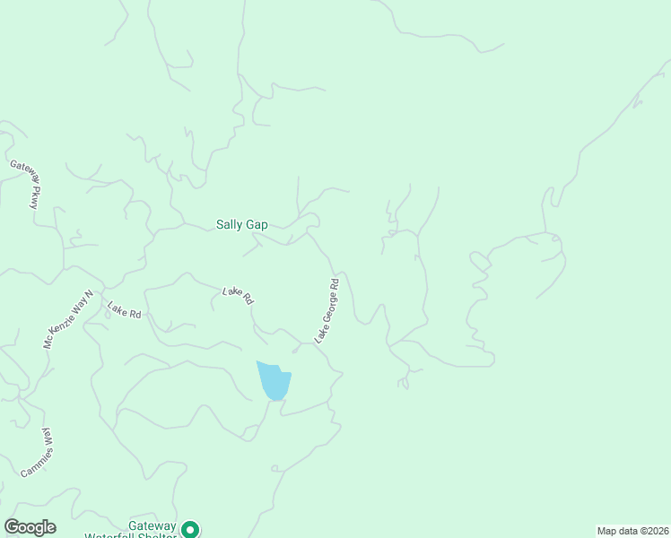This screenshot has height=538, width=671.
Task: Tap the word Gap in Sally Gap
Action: (x=256, y=225)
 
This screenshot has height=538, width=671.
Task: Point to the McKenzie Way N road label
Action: (x=68, y=319)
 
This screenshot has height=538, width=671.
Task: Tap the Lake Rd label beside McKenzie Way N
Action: (x=125, y=311)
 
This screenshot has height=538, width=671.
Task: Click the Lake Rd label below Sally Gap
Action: (x=238, y=296)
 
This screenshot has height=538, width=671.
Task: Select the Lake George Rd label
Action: (x=327, y=310)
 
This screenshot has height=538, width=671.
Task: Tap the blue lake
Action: (x=274, y=380)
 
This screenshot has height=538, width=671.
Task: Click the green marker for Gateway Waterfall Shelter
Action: (x=189, y=529)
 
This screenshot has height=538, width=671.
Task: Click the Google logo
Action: (x=30, y=526)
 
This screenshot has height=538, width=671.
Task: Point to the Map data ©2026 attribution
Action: (x=632, y=531)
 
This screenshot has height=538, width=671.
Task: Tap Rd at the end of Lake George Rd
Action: (x=334, y=283)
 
